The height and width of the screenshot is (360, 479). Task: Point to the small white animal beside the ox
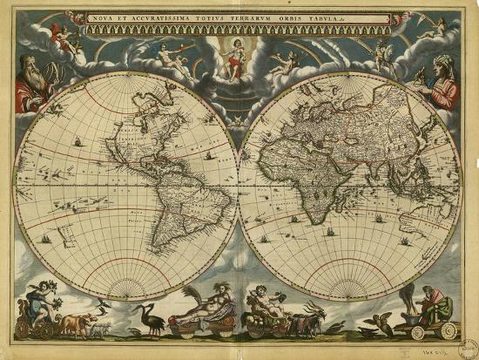point(98,328)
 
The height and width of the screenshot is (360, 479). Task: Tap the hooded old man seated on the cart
point(435,305)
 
